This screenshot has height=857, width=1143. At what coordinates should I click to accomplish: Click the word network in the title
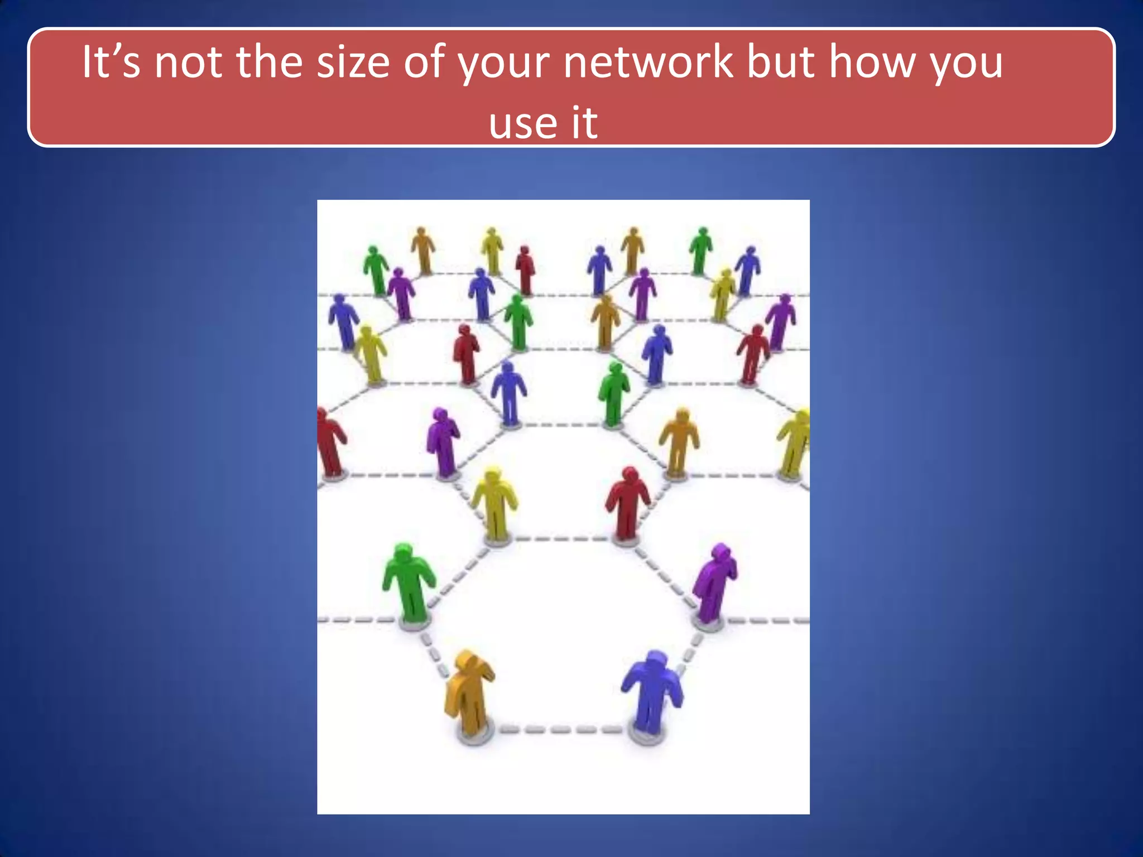648,62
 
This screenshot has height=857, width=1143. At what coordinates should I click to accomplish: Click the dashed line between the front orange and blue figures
561,729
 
